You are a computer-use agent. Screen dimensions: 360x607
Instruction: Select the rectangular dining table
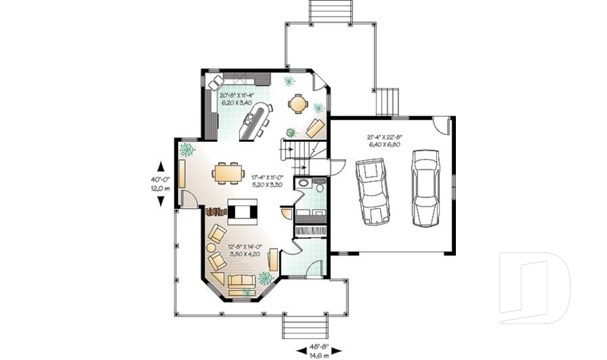[x=228, y=172]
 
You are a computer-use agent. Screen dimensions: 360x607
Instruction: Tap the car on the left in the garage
[x=370, y=190]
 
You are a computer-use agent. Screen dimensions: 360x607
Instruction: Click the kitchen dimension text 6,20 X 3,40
[x=236, y=102]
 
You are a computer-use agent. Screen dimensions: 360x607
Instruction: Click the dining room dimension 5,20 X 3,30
[x=266, y=184]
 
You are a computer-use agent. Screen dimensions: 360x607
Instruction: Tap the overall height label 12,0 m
[x=160, y=189]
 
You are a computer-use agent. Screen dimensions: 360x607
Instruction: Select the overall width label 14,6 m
[x=319, y=356]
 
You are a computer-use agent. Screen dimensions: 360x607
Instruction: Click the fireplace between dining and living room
[x=242, y=211]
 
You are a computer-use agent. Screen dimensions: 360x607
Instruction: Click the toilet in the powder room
[x=319, y=187]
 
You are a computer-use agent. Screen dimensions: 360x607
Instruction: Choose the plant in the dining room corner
[x=187, y=150]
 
